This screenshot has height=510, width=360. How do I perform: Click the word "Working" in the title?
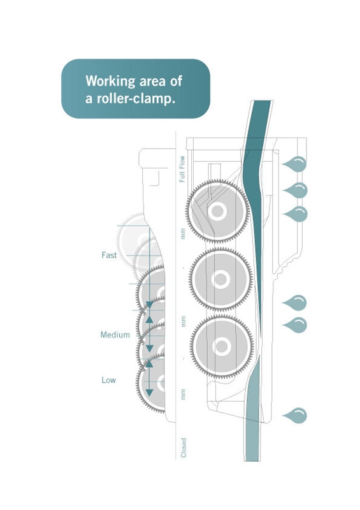pyautogui.click(x=110, y=81)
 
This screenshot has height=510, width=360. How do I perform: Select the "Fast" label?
pyautogui.click(x=109, y=255)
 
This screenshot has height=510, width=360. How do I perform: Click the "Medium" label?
pyautogui.click(x=115, y=335)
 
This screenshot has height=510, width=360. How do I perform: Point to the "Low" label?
pyautogui.click(x=108, y=380)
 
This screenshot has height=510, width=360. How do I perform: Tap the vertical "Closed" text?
pyautogui.click(x=184, y=448)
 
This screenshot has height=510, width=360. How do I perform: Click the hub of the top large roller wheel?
pyautogui.click(x=217, y=211)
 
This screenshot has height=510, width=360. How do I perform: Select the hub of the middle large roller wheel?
pyautogui.click(x=220, y=279)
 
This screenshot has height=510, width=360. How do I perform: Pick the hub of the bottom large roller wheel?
pyautogui.click(x=222, y=347)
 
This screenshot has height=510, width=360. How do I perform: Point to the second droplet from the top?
pyautogui.click(x=295, y=190)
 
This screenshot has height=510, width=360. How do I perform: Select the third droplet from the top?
pyautogui.click(x=295, y=214)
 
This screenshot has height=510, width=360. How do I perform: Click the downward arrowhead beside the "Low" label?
pyautogui.click(x=149, y=392)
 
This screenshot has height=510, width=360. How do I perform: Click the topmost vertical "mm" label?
pyautogui.click(x=183, y=233)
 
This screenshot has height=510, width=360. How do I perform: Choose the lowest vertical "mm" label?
pyautogui.click(x=183, y=394)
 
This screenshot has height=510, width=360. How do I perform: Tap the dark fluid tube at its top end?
pyautogui.click(x=262, y=101)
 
